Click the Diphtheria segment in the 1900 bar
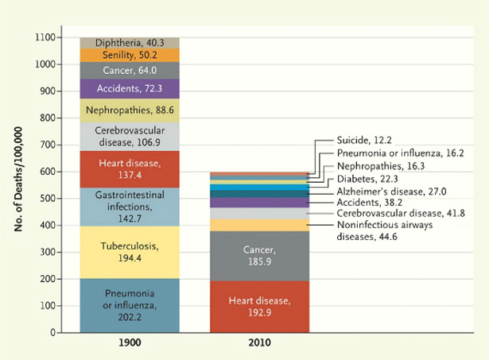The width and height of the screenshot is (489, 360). click(x=130, y=42)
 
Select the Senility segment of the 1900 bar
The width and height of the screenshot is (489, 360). click(x=130, y=55)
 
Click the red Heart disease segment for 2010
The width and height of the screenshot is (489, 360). click(x=259, y=306)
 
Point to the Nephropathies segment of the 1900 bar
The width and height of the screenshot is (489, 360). click(x=130, y=110)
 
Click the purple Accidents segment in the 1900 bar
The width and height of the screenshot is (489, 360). click(x=130, y=88)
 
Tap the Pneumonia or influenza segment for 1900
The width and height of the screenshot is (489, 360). click(x=130, y=300)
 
